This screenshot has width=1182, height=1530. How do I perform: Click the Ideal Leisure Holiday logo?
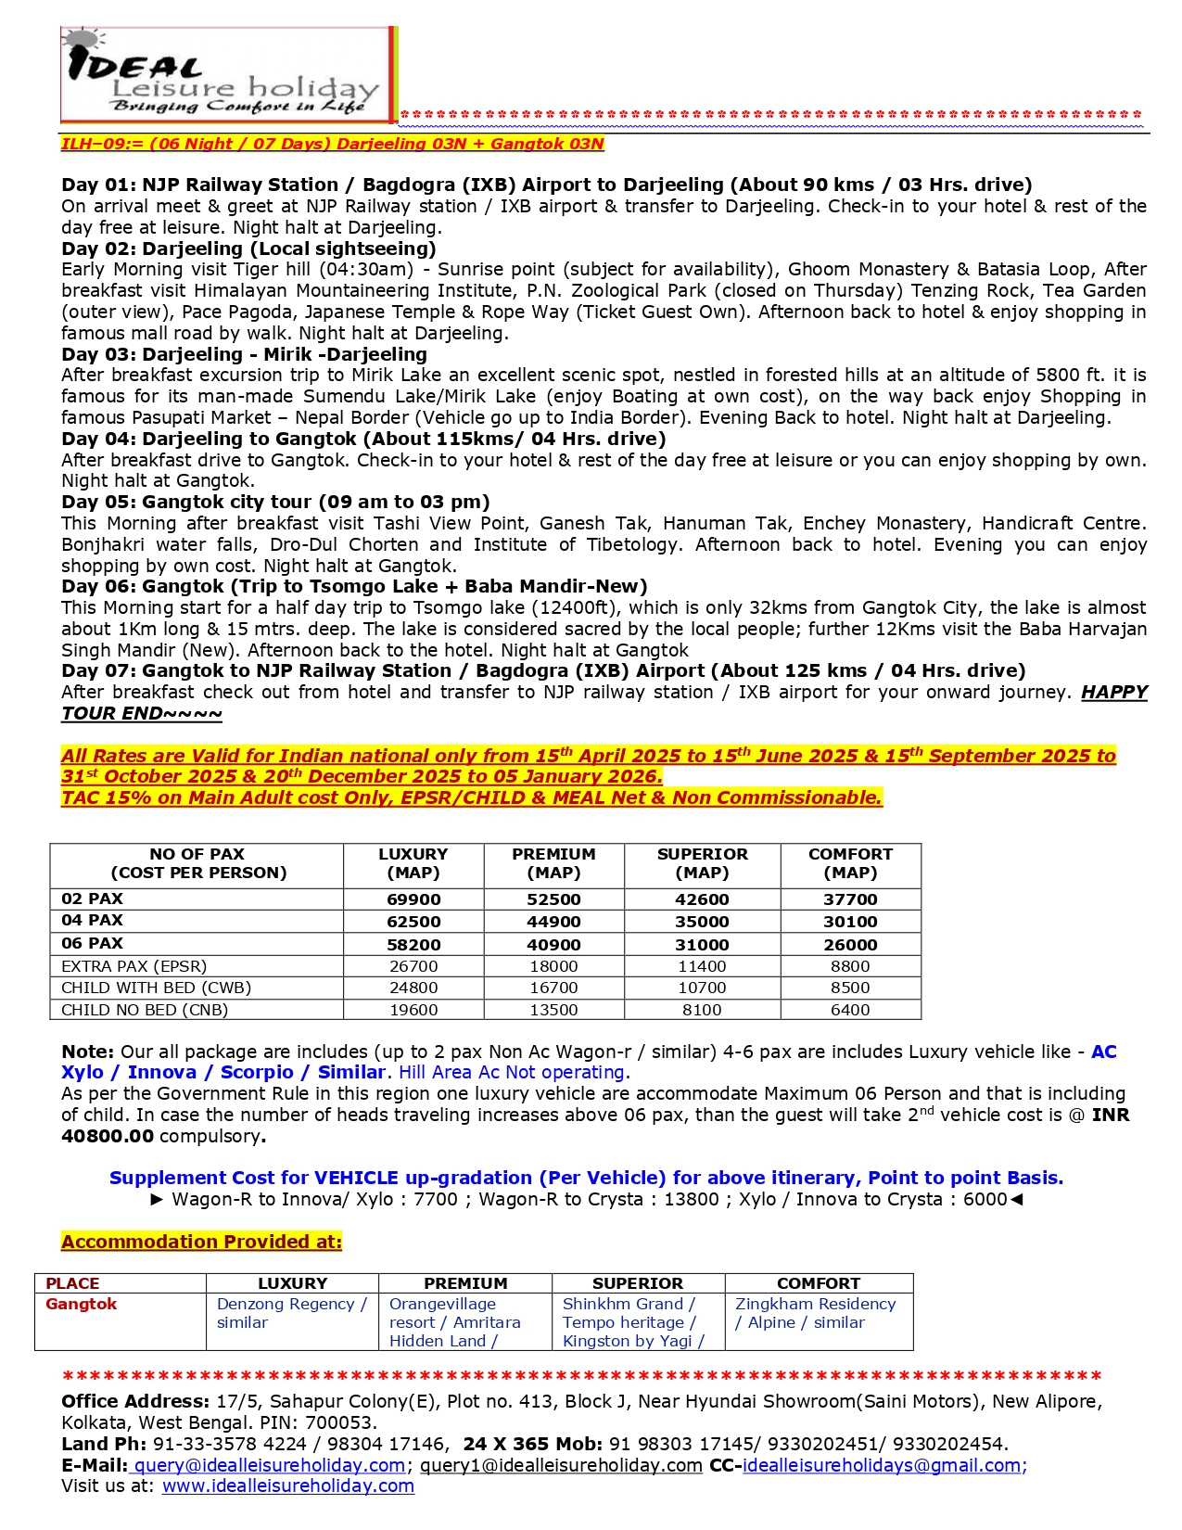click(228, 74)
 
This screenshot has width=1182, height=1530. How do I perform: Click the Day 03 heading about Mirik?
click(244, 354)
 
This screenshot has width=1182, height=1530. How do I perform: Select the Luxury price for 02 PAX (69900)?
click(413, 899)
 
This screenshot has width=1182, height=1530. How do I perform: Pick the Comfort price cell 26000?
click(850, 945)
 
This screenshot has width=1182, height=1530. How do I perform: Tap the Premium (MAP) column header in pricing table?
click(553, 863)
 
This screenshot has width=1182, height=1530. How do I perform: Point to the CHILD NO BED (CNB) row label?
click(145, 1010)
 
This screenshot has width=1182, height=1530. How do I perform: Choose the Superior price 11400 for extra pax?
click(702, 966)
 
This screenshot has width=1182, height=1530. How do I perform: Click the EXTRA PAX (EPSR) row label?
click(134, 966)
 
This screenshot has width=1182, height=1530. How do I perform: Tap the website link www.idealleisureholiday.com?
click(287, 1485)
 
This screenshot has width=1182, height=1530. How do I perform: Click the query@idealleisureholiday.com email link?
click(269, 1465)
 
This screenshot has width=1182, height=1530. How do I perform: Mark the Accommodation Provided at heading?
click(201, 1242)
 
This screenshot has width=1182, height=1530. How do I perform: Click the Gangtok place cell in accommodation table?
click(82, 1304)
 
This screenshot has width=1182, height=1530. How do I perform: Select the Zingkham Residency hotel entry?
click(815, 1304)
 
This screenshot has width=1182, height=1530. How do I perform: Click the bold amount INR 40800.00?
click(108, 1136)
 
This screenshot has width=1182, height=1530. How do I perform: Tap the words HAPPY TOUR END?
click(142, 713)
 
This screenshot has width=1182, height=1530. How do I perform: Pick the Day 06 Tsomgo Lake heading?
click(354, 586)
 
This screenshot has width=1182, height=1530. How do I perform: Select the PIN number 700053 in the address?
click(345, 1422)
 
